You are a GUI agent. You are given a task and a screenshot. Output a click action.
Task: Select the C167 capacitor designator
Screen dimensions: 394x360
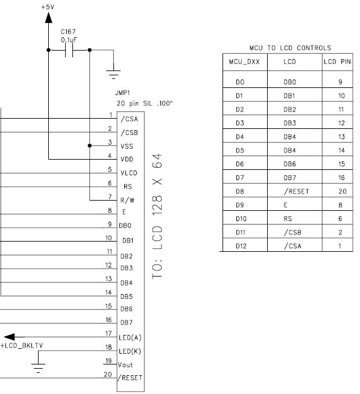coord(68,31)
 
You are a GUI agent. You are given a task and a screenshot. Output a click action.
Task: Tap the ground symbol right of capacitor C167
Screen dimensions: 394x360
coord(113,72)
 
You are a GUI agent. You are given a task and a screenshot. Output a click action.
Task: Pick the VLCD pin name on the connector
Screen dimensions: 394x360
coord(130,173)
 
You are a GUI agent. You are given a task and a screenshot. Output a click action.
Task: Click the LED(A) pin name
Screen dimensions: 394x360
coord(131,338)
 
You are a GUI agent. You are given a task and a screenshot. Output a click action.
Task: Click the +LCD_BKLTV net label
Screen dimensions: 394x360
coord(21,346)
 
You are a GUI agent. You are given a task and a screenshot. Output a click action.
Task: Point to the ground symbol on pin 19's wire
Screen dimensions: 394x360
coord(38,369)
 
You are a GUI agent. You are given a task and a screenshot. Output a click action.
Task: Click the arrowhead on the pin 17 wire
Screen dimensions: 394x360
coord(9,337)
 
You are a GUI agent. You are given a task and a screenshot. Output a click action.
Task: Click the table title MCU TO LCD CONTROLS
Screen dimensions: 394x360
coord(289,48)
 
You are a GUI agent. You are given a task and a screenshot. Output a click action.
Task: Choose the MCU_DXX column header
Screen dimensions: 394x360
coord(244,61)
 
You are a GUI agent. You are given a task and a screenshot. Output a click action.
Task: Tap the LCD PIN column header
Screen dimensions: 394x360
coord(338,61)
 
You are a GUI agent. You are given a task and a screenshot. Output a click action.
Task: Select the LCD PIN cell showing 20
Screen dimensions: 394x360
coord(342,191)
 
